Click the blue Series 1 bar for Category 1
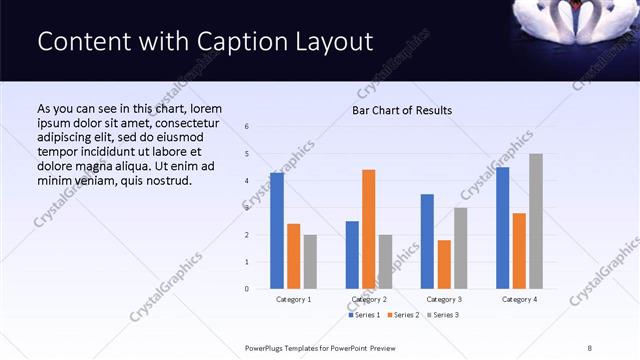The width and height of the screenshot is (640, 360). [277, 230]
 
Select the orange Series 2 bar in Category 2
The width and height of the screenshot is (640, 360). [368, 229]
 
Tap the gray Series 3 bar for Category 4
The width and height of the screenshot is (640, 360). [536, 221]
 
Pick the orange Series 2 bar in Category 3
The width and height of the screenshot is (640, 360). [444, 264]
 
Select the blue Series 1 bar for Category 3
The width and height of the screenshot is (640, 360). [427, 241]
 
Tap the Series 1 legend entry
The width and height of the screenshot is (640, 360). [365, 316]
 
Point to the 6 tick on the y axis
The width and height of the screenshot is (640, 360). [247, 127]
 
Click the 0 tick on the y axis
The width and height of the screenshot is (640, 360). [247, 289]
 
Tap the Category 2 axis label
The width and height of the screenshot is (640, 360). [369, 299]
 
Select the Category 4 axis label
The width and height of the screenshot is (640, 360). [519, 299]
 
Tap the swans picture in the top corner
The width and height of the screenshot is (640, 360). [574, 23]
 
